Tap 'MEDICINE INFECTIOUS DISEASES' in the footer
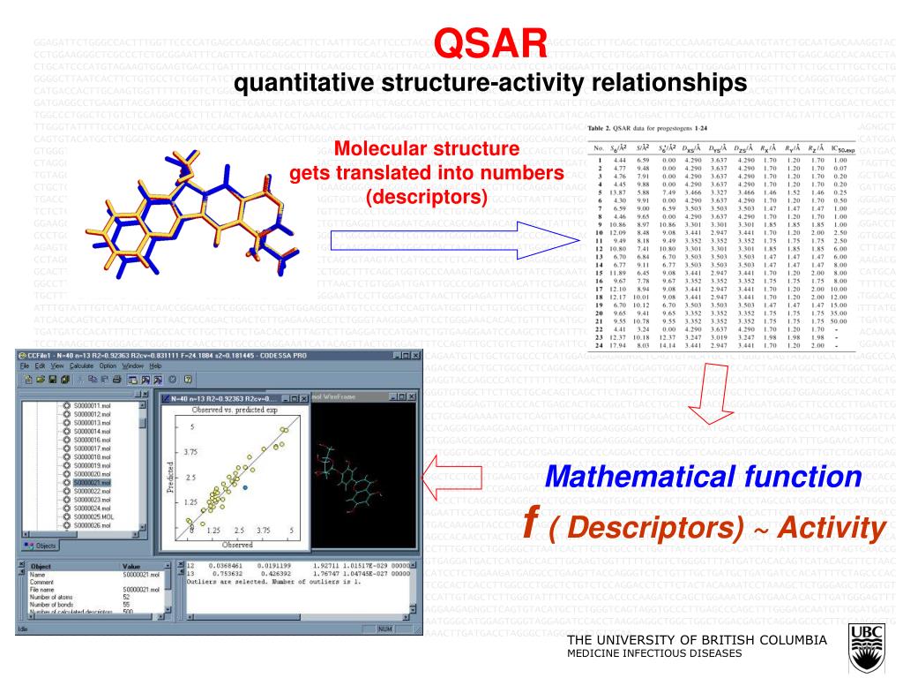click(x=654, y=654)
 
